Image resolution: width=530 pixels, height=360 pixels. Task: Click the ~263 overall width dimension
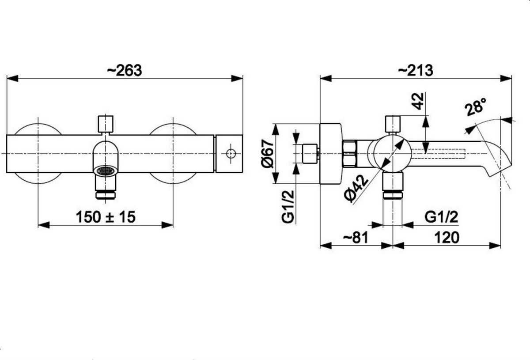[x=125, y=71]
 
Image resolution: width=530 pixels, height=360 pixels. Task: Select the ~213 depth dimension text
[x=416, y=71]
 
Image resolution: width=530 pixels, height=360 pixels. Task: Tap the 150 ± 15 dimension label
[x=106, y=217]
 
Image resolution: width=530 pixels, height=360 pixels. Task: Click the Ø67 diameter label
[x=267, y=154]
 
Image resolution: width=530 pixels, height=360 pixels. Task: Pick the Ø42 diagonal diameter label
[x=356, y=189]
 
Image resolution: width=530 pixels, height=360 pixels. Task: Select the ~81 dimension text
[x=356, y=238]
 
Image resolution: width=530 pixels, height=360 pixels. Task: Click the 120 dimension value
[x=447, y=238]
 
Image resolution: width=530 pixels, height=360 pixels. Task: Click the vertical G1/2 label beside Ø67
[x=288, y=207]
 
